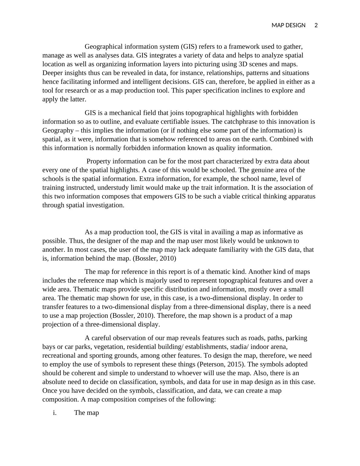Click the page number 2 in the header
point(316,25)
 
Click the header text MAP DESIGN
point(288,25)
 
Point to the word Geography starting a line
point(58,130)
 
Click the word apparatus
point(301,196)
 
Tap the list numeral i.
point(54,413)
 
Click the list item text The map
point(87,413)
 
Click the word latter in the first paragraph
point(78,99)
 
